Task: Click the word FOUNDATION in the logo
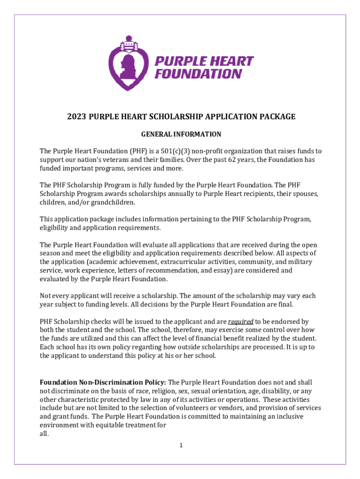(x=198, y=74)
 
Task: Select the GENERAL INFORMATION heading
(x=181, y=134)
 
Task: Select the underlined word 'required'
(x=241, y=321)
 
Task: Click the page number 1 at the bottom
(x=180, y=445)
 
